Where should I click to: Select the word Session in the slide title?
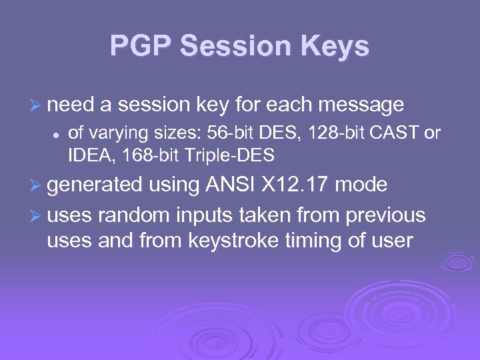click(x=239, y=46)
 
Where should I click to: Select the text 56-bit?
click(x=226, y=133)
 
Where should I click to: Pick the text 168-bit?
click(x=147, y=157)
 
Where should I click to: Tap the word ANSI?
click(x=226, y=184)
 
